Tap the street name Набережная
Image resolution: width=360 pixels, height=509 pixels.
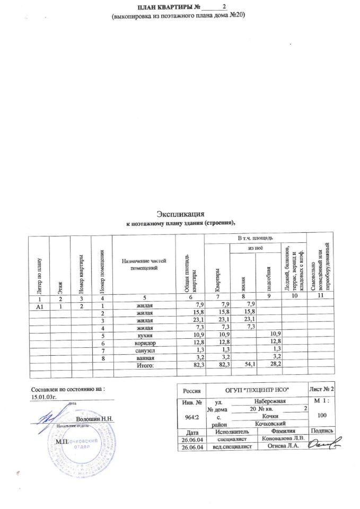point(269,401)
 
